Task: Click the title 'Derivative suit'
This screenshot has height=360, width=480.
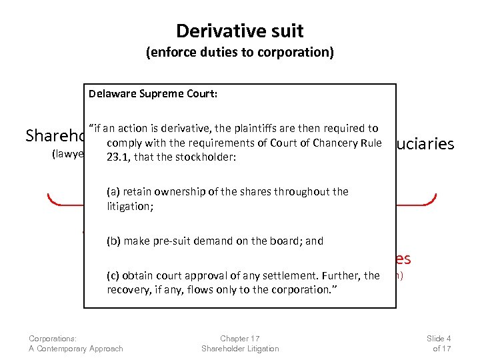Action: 239,31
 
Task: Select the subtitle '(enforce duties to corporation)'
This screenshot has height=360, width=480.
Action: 239,54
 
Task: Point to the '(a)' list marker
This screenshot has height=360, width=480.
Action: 113,192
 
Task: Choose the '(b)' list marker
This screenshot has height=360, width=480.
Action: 113,241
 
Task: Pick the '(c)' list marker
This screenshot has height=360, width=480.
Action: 113,275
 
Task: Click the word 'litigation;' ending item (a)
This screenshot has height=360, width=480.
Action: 130,207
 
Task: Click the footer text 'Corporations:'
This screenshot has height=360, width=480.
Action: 53,339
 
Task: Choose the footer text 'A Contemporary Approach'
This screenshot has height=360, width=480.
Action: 76,349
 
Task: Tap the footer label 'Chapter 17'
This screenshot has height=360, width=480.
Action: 240,339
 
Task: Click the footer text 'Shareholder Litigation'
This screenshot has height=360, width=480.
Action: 240,349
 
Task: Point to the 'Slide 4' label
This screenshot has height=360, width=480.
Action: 439,339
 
